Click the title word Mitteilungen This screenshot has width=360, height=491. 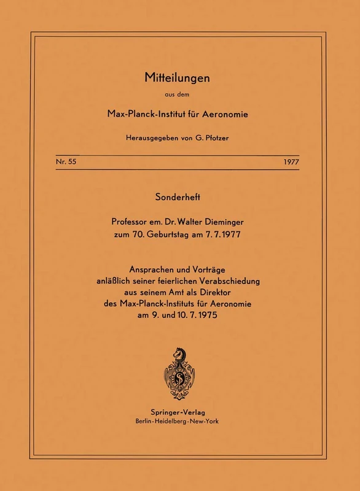pos(179,78)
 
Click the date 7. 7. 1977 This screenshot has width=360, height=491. pos(235,238)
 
